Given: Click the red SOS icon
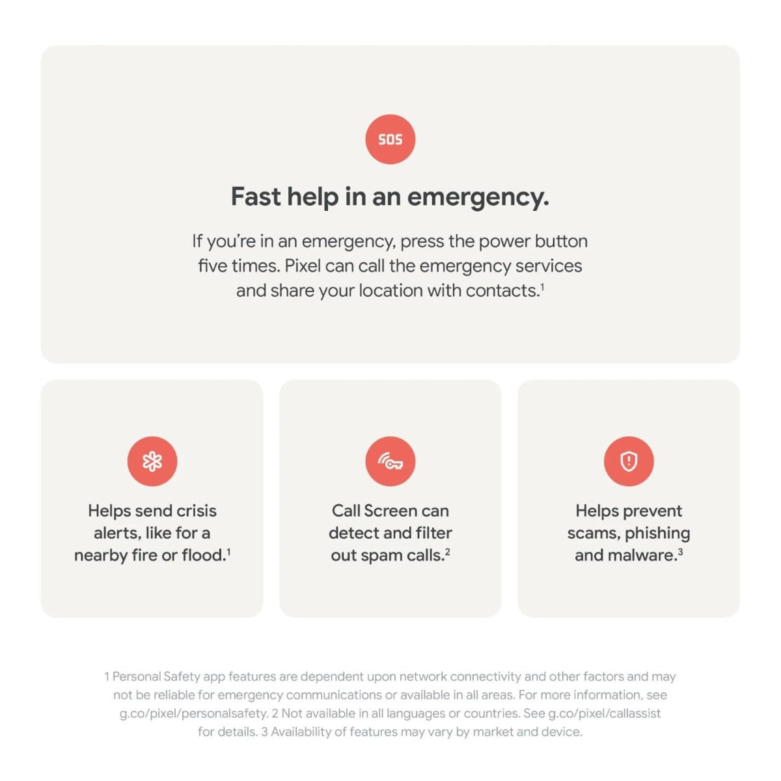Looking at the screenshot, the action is coord(390,139).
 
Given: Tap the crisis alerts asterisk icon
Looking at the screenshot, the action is coord(152,461).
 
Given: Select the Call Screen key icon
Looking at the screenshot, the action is coord(390,461).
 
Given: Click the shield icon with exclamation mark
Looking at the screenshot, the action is coord(629,461).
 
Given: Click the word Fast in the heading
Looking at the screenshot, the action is coord(256,197).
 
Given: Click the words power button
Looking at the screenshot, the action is coord(533,242).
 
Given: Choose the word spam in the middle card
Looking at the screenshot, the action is coord(381,556).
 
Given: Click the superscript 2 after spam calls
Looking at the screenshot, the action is coord(447,551).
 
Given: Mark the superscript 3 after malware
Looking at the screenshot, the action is coord(680,551).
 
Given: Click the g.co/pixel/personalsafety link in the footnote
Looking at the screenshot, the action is coord(194,713).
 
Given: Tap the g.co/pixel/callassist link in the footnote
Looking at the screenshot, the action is coord(604,713).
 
